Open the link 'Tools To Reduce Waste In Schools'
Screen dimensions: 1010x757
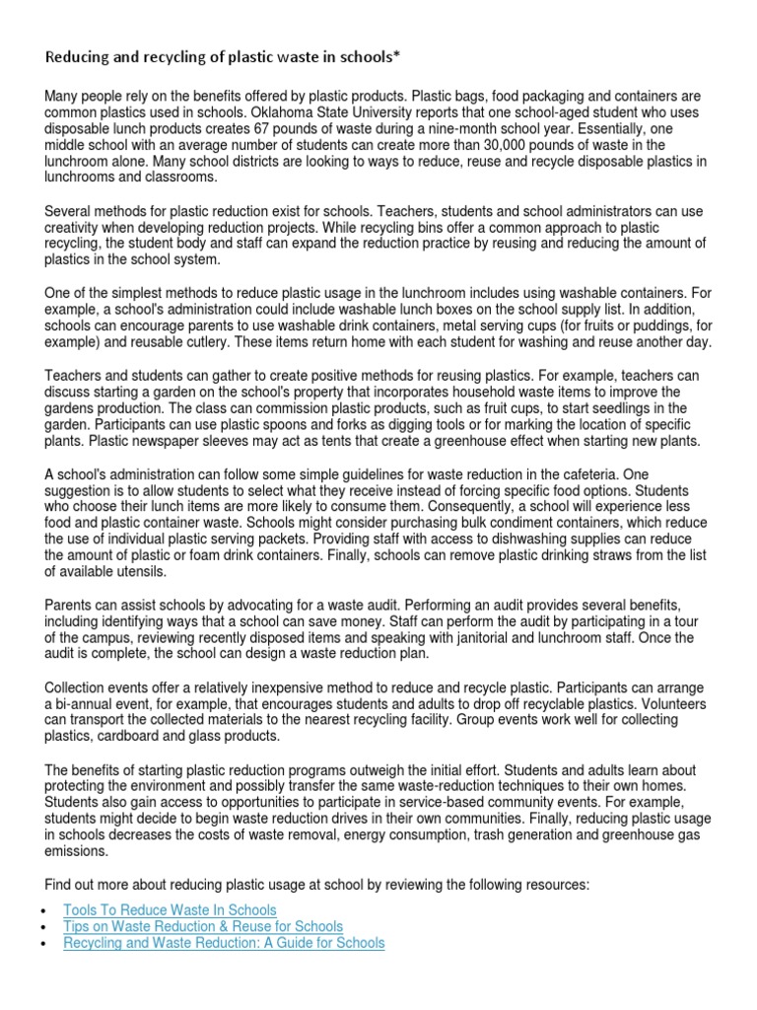[x=170, y=909]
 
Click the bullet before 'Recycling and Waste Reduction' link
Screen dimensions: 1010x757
[x=47, y=943]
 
